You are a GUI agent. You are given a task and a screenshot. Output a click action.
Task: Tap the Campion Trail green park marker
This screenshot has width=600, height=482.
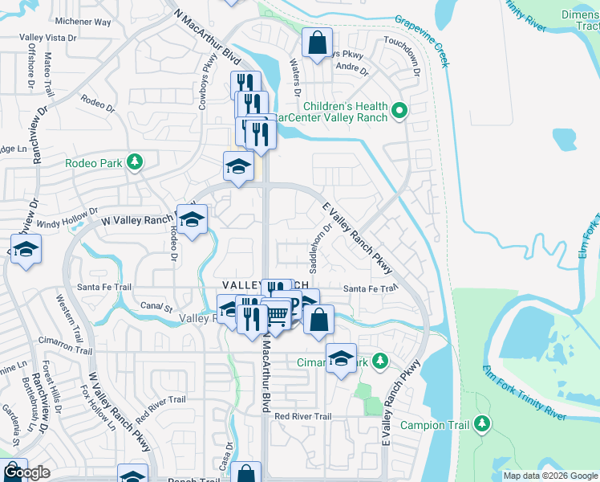tap(481, 423)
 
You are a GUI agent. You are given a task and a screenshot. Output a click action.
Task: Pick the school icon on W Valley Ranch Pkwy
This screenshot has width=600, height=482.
tap(192, 220)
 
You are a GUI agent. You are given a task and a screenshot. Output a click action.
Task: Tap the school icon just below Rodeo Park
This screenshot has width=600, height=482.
tap(238, 167)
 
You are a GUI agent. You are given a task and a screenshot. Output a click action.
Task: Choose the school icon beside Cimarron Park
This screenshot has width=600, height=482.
tap(341, 358)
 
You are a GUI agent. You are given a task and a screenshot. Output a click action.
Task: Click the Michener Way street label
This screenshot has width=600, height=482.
tap(83, 22)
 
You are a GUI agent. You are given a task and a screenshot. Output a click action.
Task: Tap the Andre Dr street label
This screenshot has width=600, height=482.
tap(351, 68)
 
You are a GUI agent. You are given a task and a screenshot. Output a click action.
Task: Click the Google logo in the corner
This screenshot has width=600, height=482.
tap(26, 473)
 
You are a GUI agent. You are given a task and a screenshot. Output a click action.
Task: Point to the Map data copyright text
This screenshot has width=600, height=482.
tap(550, 476)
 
